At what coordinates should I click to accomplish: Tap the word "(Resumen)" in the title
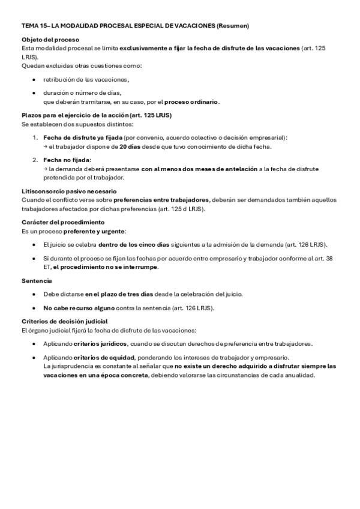(233, 26)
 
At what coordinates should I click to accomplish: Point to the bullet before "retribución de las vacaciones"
(34, 79)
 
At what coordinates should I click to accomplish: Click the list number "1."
(35, 137)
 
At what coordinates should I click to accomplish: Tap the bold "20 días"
(131, 146)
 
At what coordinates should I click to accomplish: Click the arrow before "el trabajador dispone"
(46, 146)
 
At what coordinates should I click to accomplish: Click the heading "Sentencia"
(37, 280)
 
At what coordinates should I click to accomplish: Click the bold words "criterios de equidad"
(102, 357)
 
